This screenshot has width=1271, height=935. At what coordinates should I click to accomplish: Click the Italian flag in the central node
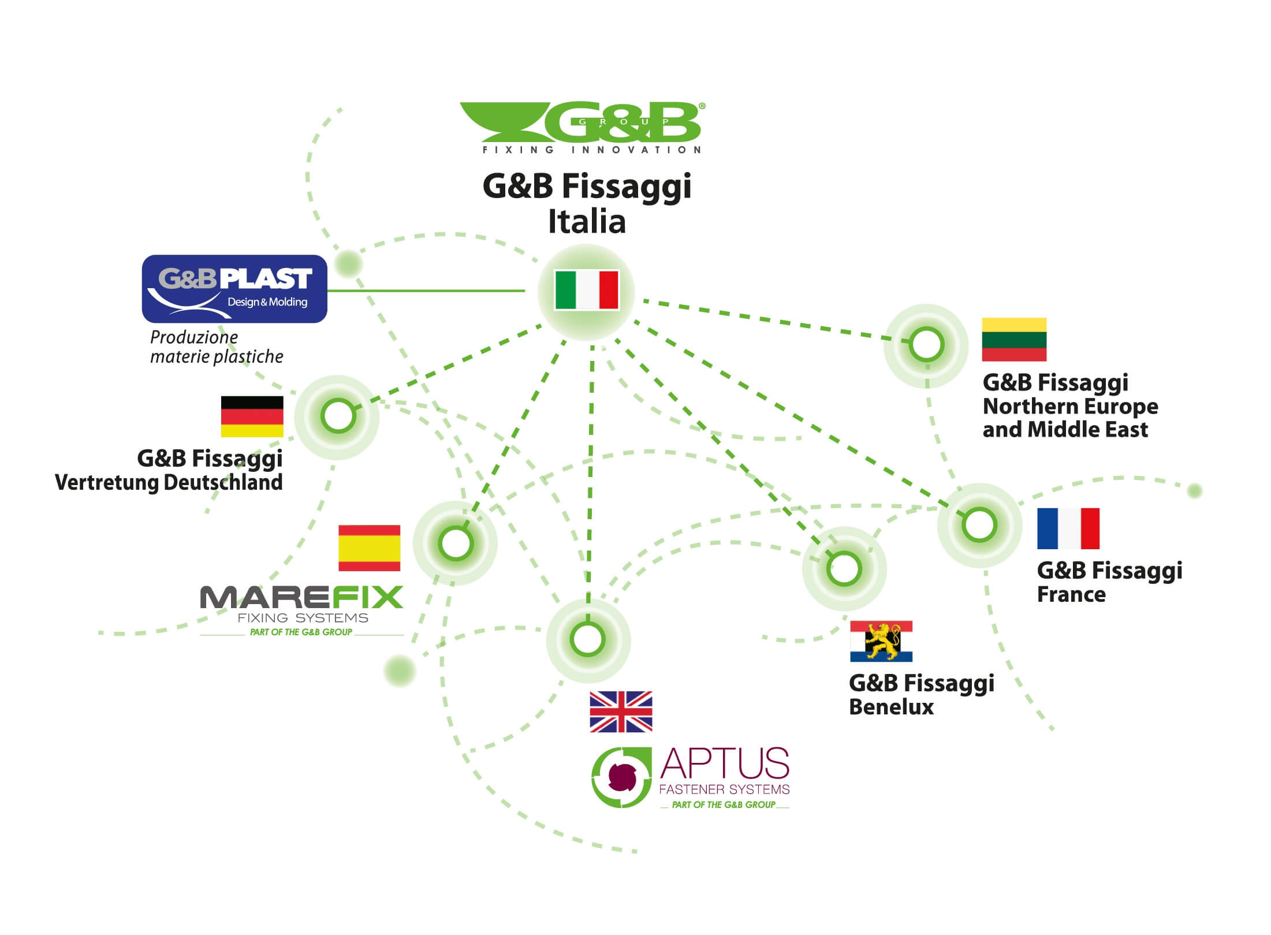pyautogui.click(x=586, y=290)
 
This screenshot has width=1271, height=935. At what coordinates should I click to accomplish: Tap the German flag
pyautogui.click(x=252, y=416)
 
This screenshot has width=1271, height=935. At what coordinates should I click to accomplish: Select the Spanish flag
pyautogui.click(x=369, y=547)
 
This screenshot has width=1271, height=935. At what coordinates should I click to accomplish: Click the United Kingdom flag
pyautogui.click(x=621, y=712)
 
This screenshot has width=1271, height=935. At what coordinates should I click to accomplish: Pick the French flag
pyautogui.click(x=1068, y=528)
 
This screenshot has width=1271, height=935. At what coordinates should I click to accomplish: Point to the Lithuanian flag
pyautogui.click(x=1014, y=340)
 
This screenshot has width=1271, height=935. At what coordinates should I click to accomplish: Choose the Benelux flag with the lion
pyautogui.click(x=881, y=641)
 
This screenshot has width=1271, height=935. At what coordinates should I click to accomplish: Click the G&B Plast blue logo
pyautogui.click(x=234, y=289)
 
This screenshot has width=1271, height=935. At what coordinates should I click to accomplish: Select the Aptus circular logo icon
pyautogui.click(x=621, y=777)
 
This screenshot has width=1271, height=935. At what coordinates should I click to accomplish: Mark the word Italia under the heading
pyautogui.click(x=587, y=222)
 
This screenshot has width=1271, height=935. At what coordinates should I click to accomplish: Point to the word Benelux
pyautogui.click(x=891, y=707)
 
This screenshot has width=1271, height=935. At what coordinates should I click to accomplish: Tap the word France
pyautogui.click(x=1071, y=594)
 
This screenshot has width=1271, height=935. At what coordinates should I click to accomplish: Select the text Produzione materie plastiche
pyautogui.click(x=217, y=347)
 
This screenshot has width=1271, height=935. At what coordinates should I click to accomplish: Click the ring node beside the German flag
pyautogui.click(x=338, y=416)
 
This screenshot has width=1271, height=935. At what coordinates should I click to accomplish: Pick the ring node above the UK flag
pyautogui.click(x=587, y=639)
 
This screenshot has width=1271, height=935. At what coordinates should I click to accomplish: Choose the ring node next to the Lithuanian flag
pyautogui.click(x=926, y=345)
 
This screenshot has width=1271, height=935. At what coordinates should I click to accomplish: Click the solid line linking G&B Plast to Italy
pyautogui.click(x=426, y=290)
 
